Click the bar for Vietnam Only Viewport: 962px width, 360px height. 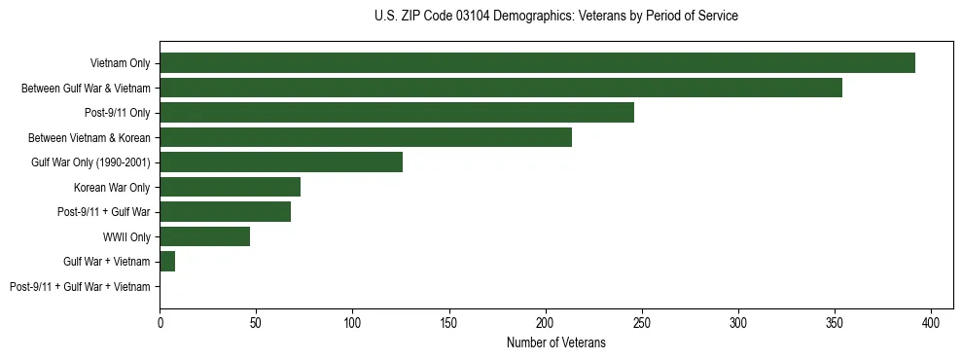pyautogui.click(x=537, y=63)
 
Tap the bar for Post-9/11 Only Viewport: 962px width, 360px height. pyautogui.click(x=397, y=113)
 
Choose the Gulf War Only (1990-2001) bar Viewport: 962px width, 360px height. pyautogui.click(x=281, y=162)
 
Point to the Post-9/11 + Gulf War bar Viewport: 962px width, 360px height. pyautogui.click(x=226, y=212)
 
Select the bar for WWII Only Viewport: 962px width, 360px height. pyautogui.click(x=205, y=236)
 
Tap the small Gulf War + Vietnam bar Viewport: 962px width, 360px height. pyautogui.click(x=167, y=262)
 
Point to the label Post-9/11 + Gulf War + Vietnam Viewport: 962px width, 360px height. pyautogui.click(x=80, y=287)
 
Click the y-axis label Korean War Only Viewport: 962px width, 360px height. pyautogui.click(x=112, y=188)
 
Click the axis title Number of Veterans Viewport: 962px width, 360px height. pyautogui.click(x=555, y=343)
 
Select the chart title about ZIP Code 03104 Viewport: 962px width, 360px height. pyautogui.click(x=555, y=17)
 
